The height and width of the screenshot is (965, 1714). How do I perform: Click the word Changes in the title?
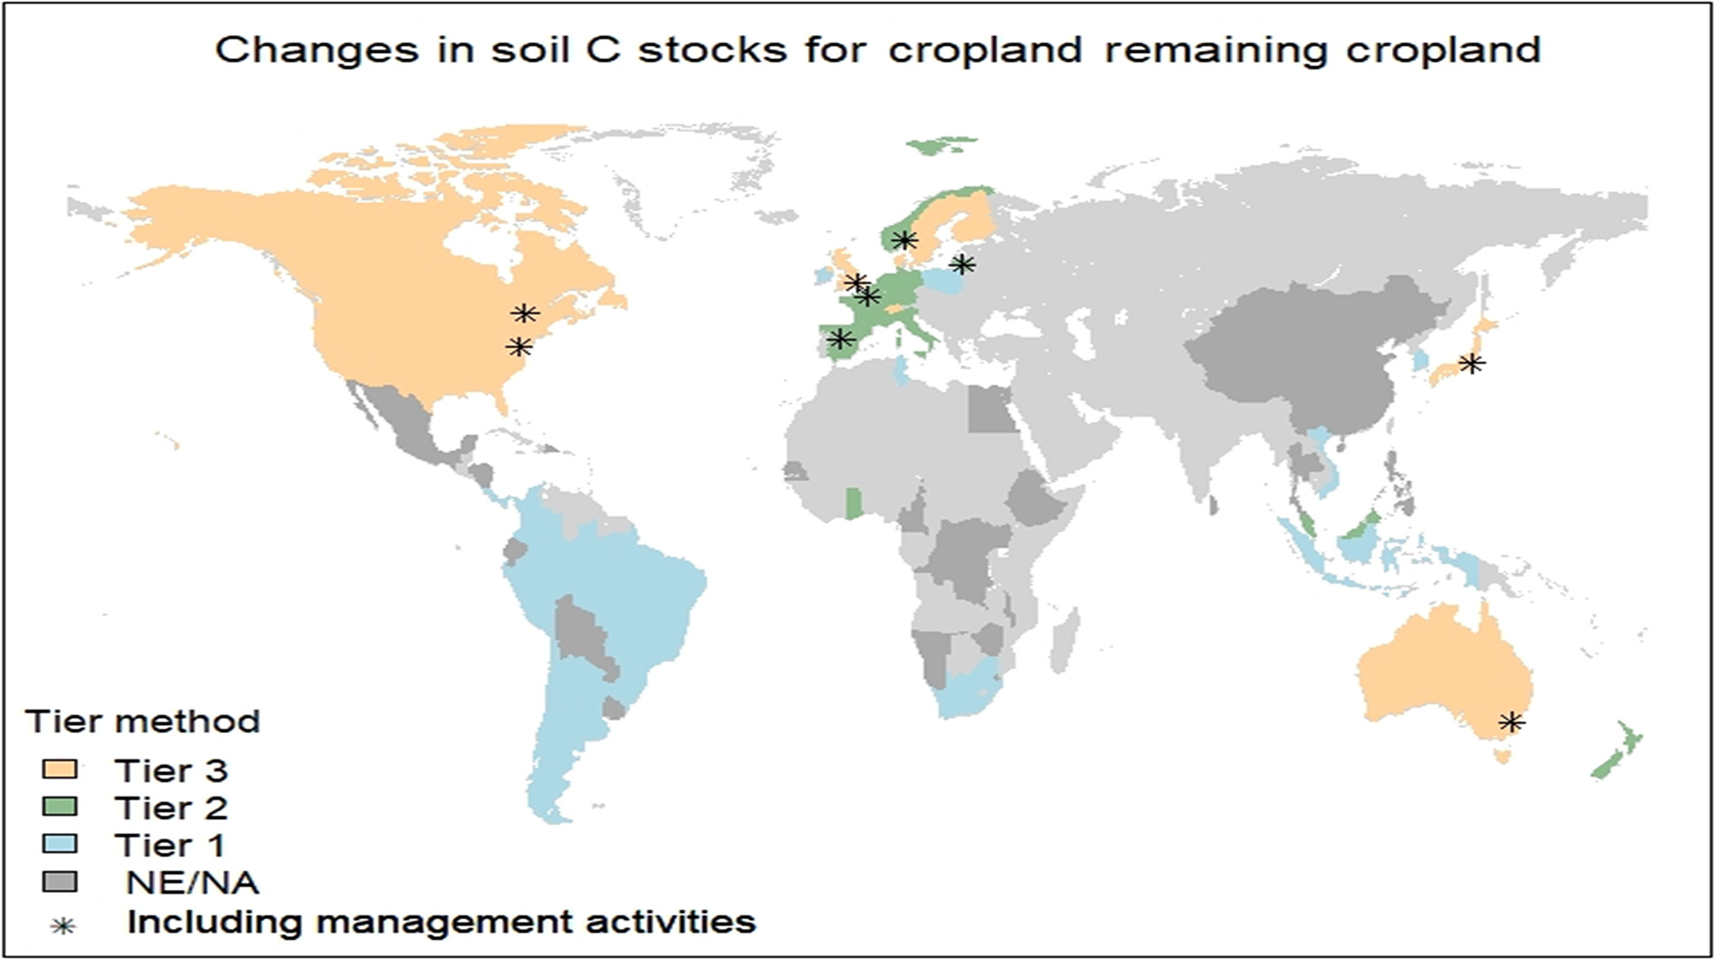(x=316, y=50)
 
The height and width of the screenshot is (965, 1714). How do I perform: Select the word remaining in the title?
(x=1216, y=51)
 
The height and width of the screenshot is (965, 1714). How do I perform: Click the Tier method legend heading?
(x=142, y=722)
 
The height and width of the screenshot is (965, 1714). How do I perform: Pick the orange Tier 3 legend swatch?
(x=60, y=770)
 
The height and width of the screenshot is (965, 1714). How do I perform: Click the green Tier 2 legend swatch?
(x=60, y=807)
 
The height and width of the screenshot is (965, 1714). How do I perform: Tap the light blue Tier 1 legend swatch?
(x=60, y=844)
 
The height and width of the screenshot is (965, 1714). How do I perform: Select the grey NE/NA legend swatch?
(x=60, y=882)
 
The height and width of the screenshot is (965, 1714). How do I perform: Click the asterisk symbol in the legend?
(x=63, y=926)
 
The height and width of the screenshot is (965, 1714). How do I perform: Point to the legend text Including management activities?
(x=441, y=922)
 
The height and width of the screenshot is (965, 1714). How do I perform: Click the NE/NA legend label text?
(x=192, y=882)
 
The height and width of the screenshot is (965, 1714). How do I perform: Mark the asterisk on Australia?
(x=1511, y=722)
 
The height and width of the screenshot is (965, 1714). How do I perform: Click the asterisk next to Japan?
(x=1471, y=363)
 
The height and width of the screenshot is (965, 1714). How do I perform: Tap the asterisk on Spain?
(x=840, y=339)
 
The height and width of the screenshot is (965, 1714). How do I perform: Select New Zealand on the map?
(x=1617, y=750)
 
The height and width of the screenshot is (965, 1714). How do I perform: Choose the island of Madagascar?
(x=1064, y=639)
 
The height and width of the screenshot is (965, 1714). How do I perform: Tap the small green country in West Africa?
(x=854, y=504)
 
